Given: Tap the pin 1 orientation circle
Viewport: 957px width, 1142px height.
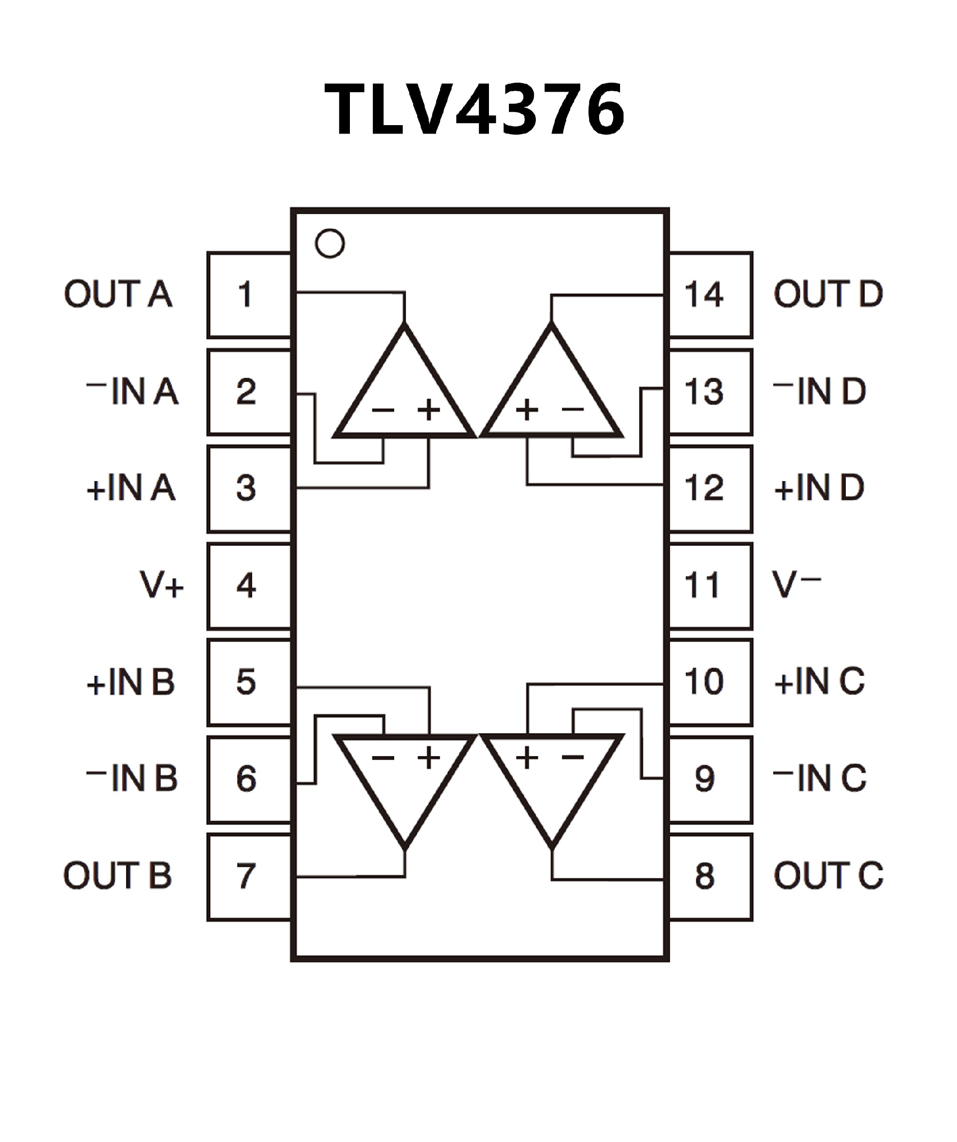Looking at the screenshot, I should [329, 243].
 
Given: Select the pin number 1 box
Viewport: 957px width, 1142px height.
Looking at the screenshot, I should [249, 294].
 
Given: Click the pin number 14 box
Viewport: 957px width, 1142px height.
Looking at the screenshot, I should [710, 294].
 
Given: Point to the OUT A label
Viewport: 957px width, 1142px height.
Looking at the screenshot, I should [118, 294].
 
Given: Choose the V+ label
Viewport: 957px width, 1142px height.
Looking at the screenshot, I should [161, 585].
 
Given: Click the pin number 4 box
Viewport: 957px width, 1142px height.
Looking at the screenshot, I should [249, 585].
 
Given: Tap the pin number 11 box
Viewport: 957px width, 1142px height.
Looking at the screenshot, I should [710, 585].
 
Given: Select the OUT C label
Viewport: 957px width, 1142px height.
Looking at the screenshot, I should [827, 875].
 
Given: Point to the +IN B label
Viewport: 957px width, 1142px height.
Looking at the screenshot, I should [131, 682].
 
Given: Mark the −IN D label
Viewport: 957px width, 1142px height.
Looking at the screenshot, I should [819, 391].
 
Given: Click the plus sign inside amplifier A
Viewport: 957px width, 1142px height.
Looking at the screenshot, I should [429, 409].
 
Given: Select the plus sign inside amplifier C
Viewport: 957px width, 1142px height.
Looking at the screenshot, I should [526, 757].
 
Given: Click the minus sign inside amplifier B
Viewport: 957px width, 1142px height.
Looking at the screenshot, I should [383, 758].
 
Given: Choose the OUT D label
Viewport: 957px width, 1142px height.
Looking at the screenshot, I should [827, 294].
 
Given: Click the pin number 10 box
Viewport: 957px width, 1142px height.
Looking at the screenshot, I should [710, 682].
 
